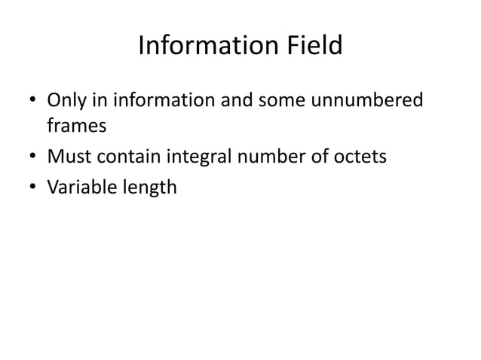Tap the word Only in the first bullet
65,99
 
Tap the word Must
69,157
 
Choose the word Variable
80,186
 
